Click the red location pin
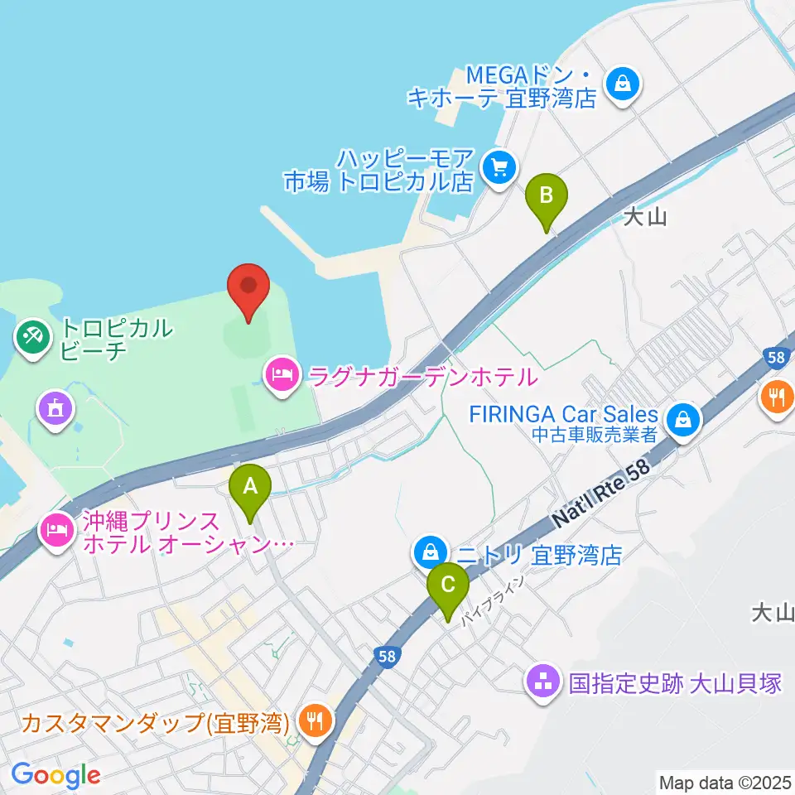click(248, 290)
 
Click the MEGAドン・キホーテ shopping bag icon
click(622, 84)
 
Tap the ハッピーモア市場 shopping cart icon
click(499, 168)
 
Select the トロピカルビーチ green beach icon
click(34, 337)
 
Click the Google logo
click(55, 775)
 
